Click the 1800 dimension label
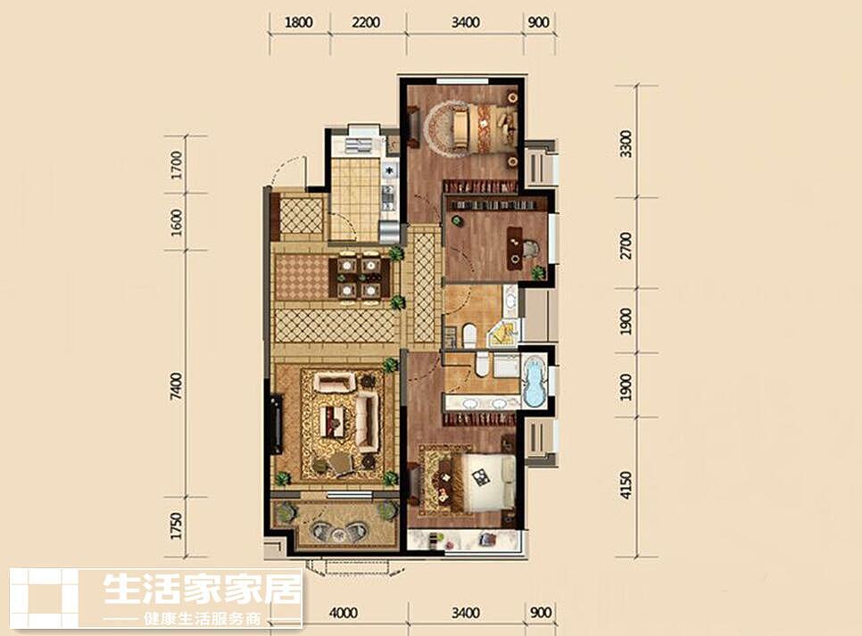click(x=299, y=22)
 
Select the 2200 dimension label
click(x=366, y=22)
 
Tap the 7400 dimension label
click(x=176, y=386)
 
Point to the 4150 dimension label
click(x=626, y=485)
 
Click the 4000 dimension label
click(x=343, y=613)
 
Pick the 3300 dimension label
click(x=626, y=144)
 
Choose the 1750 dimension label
click(x=176, y=526)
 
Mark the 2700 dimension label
click(x=626, y=246)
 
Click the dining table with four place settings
click(x=359, y=277)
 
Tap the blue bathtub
click(x=535, y=382)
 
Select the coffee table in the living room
click(x=336, y=420)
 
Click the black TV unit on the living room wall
click(x=276, y=424)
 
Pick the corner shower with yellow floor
click(x=504, y=333)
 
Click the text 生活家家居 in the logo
click(x=203, y=589)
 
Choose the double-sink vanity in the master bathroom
click(x=483, y=403)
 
